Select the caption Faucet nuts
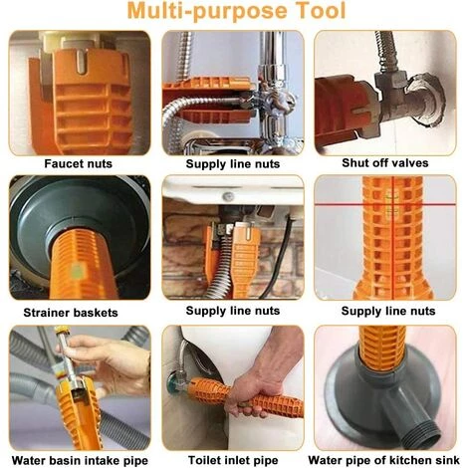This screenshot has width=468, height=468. point(80,162)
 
